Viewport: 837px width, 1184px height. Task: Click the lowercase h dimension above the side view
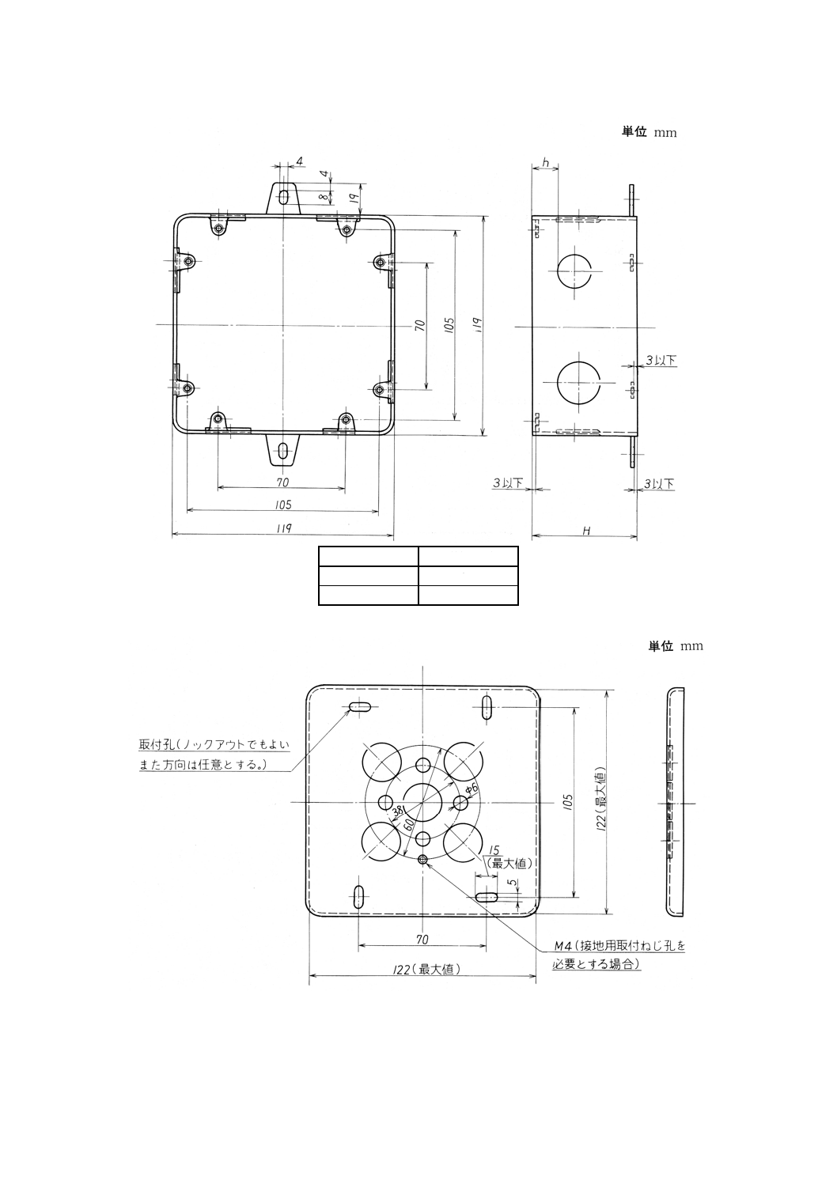(x=545, y=161)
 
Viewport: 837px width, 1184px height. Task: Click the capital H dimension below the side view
(x=586, y=531)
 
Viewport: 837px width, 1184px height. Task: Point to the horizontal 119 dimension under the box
(x=282, y=528)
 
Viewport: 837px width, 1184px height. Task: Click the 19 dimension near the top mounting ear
(x=355, y=191)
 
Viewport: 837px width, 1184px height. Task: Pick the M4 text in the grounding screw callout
(x=562, y=945)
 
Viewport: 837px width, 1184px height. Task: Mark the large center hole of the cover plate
(x=423, y=801)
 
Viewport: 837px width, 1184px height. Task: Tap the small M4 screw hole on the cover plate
(x=423, y=860)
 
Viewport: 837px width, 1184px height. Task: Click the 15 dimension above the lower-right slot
(x=494, y=851)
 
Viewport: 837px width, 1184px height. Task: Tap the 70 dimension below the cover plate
(x=422, y=939)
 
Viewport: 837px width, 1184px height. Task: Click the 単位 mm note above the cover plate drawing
(x=675, y=646)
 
